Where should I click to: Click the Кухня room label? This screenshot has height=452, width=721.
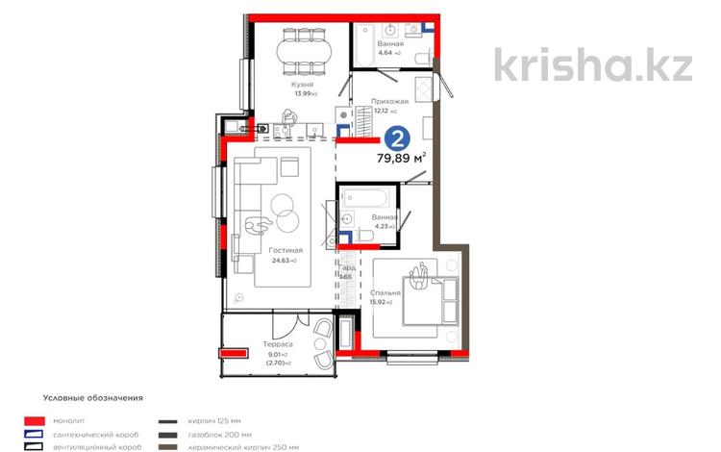[x=305, y=85]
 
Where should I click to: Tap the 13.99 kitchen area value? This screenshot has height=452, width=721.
[x=301, y=94]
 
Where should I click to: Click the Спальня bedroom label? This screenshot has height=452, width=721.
[x=384, y=292]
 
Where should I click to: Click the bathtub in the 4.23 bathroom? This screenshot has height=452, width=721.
[x=364, y=197]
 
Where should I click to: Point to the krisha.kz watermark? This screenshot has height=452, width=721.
[x=592, y=64]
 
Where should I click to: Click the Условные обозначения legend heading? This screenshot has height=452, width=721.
[x=92, y=396]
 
